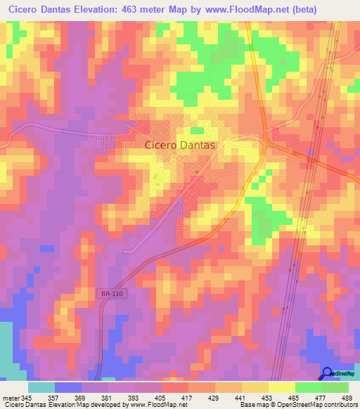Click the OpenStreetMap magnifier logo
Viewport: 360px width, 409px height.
pos(328,374)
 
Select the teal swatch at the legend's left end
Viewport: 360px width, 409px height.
pos(41,387)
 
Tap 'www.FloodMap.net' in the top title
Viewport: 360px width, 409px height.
pos(237,10)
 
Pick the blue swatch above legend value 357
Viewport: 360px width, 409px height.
pos(67,387)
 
